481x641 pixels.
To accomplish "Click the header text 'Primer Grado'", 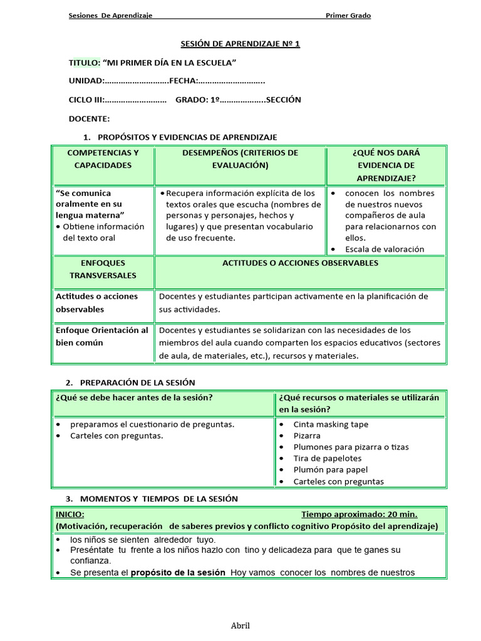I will (348, 16).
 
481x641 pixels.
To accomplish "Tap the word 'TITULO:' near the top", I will (84, 63).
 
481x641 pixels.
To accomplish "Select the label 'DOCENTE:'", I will (89, 118).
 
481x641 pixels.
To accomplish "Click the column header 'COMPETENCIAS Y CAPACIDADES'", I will (103, 159).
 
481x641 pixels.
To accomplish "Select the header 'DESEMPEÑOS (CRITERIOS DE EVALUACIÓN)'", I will (240, 159).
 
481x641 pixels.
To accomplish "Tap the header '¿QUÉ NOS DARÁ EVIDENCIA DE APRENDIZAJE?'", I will (386, 165).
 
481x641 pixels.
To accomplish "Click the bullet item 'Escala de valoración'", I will (385, 249).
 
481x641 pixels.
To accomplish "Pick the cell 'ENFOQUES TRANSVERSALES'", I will (103, 269).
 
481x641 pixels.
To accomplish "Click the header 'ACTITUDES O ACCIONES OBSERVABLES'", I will (300, 263).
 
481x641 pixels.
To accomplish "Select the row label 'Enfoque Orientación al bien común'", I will (102, 336).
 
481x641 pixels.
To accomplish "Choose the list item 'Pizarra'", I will (307, 436).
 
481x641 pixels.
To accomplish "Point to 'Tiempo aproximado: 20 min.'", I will (359, 515).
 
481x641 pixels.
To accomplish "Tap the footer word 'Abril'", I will (240, 625).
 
